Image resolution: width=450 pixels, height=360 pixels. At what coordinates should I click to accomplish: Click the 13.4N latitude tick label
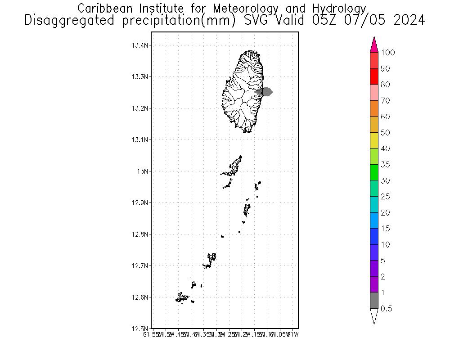pyautogui.click(x=140, y=45)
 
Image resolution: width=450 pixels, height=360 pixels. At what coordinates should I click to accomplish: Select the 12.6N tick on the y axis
pyautogui.click(x=140, y=297)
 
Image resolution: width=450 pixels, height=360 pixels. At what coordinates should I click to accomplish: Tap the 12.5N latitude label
pyautogui.click(x=140, y=329)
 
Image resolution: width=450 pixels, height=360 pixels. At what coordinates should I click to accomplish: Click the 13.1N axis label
pyautogui.click(x=140, y=140)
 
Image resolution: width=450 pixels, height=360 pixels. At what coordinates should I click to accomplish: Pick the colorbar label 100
pyautogui.click(x=388, y=53)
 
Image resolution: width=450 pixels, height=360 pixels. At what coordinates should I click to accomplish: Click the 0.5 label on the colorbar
pyautogui.click(x=387, y=309)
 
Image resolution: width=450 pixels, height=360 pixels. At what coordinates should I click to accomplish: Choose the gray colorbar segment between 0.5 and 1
pyautogui.click(x=374, y=301)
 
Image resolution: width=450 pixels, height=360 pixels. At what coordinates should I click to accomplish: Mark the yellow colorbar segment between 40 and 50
pyautogui.click(x=374, y=140)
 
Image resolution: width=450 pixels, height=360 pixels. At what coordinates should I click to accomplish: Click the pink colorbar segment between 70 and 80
pyautogui.click(x=374, y=93)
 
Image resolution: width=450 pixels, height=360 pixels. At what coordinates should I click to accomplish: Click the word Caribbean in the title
pyautogui.click(x=106, y=9)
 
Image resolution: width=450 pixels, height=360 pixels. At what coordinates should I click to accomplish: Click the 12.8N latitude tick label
pyautogui.click(x=140, y=234)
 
